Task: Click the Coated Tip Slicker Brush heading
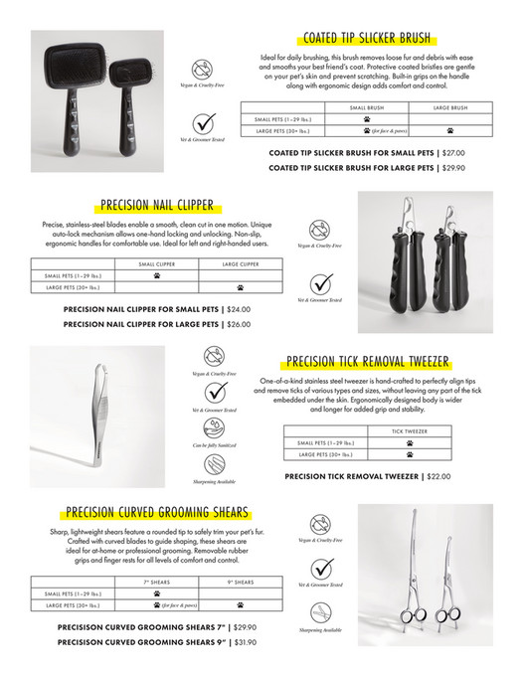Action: tap(367, 39)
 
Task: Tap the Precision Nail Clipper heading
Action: tap(157, 206)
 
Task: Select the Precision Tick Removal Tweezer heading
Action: tap(367, 362)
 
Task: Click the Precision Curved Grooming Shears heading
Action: tap(157, 513)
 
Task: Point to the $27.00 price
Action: tap(452, 153)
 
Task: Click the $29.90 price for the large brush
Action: tap(452, 168)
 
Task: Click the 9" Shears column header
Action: tap(241, 582)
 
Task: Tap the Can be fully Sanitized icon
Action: tap(214, 427)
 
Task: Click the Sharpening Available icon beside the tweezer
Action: tap(214, 464)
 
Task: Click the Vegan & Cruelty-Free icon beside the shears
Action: tap(320, 524)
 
